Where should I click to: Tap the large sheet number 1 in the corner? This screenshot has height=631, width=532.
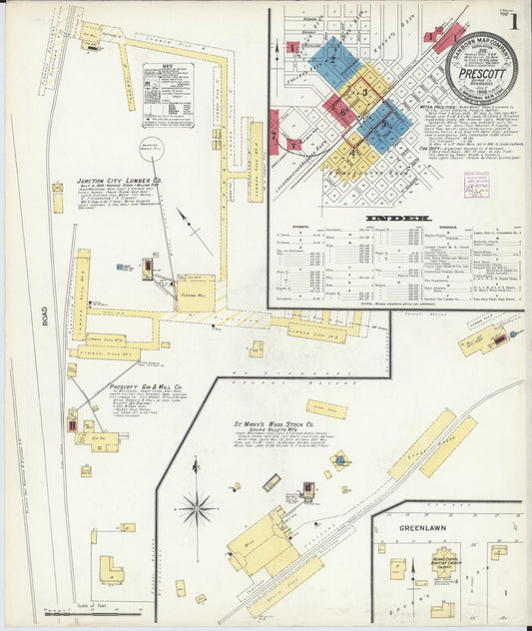[514, 20]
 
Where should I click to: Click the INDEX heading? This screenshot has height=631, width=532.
[397, 217]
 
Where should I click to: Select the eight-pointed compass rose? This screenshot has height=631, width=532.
[198, 509]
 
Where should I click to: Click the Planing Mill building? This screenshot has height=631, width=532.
[196, 293]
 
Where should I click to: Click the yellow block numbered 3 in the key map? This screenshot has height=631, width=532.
[365, 92]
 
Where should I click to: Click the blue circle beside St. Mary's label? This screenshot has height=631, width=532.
[340, 460]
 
